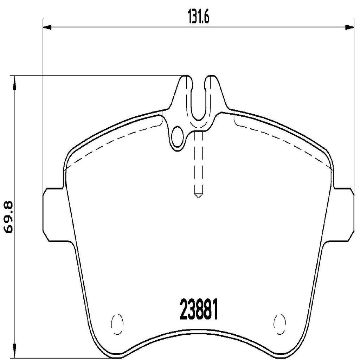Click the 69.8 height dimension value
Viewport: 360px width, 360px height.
click(x=8, y=217)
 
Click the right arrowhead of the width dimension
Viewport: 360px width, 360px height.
click(x=349, y=27)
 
